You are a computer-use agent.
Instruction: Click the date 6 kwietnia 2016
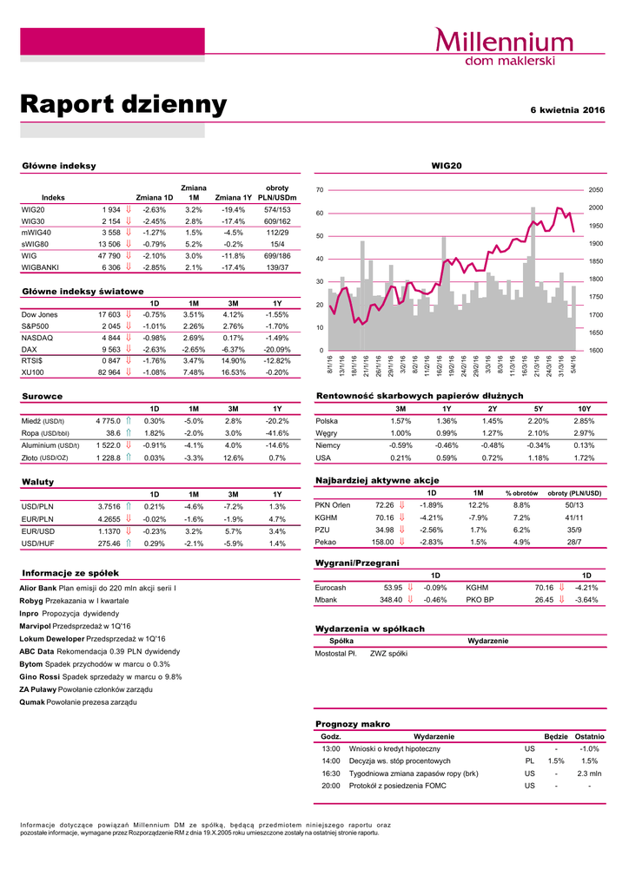point(567,110)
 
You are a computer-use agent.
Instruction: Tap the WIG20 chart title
point(447,165)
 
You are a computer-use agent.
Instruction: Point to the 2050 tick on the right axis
point(596,189)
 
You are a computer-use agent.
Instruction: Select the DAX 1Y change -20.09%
point(276,349)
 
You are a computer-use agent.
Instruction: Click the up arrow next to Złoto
point(129,458)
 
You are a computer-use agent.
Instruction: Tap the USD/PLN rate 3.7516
point(108,506)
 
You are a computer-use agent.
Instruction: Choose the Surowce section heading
point(41,396)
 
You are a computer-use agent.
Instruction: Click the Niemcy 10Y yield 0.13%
point(584,444)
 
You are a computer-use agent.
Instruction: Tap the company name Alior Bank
point(37,589)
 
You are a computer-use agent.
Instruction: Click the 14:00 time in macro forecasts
point(331,761)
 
